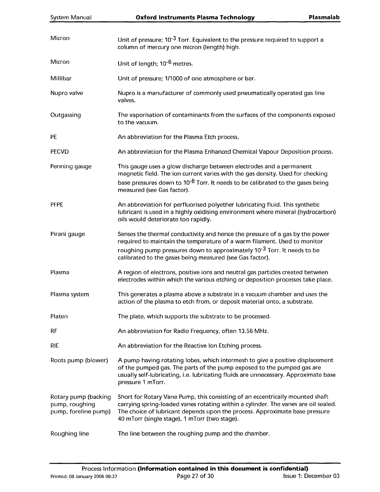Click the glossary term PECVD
(x=60, y=152)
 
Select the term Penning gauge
(x=71, y=166)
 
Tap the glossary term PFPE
(x=57, y=205)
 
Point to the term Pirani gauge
(x=67, y=234)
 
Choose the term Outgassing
(x=66, y=115)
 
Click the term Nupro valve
(x=67, y=93)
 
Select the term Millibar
(x=61, y=78)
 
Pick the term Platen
(x=59, y=317)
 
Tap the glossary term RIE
(x=55, y=346)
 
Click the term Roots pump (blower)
(x=79, y=360)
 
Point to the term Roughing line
(x=70, y=434)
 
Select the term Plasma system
(x=70, y=294)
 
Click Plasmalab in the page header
(x=324, y=17)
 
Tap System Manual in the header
(x=71, y=18)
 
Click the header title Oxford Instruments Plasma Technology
(x=195, y=17)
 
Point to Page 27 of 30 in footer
(x=195, y=476)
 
